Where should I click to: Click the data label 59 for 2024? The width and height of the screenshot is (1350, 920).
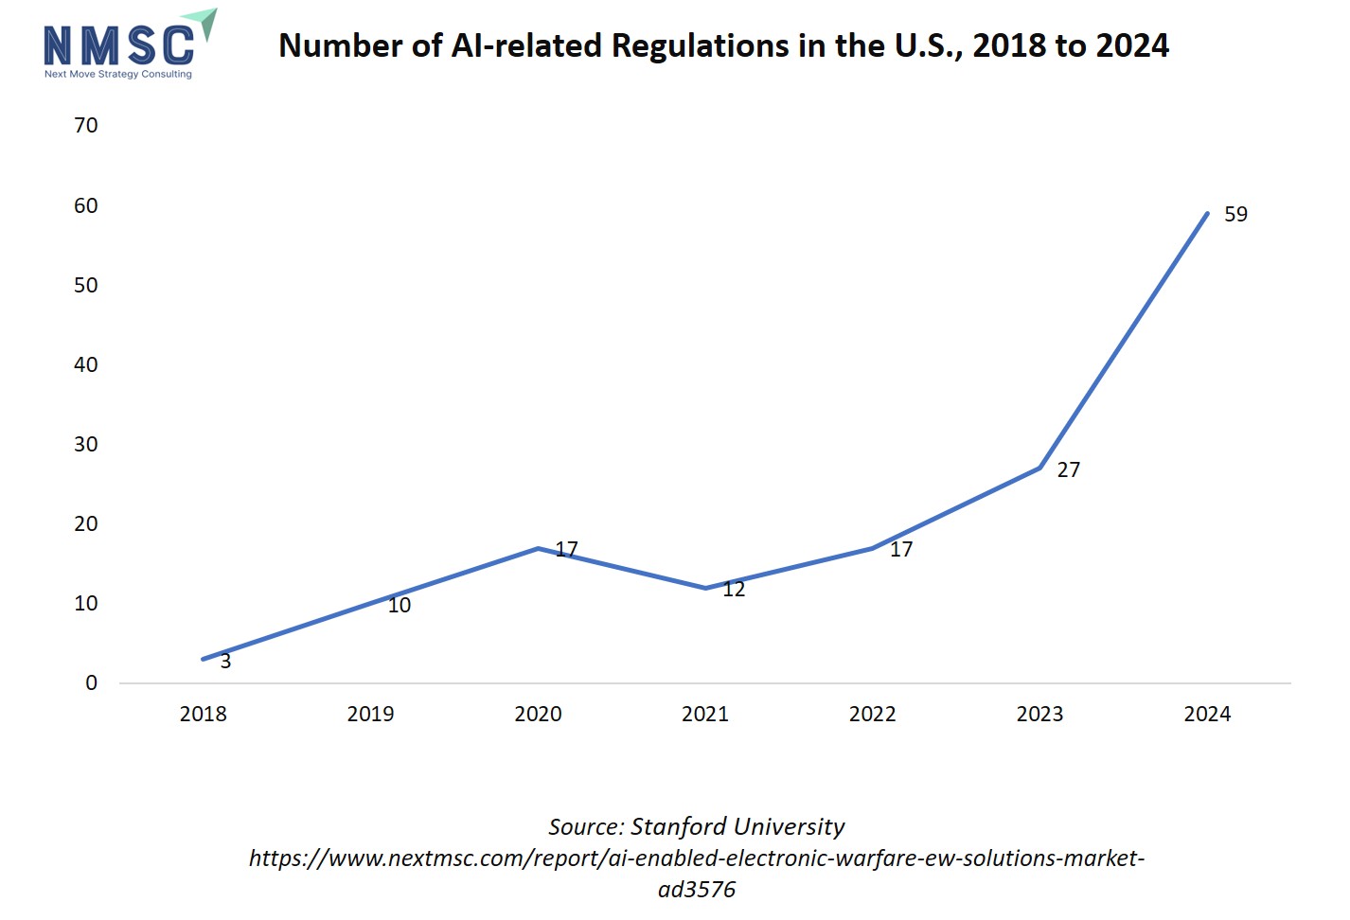(x=1235, y=215)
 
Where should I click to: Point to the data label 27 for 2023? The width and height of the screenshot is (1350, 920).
(x=1068, y=470)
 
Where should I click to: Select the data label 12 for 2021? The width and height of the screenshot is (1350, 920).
(x=734, y=590)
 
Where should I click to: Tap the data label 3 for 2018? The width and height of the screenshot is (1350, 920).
(x=225, y=662)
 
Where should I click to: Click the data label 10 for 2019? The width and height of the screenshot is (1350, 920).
(x=400, y=606)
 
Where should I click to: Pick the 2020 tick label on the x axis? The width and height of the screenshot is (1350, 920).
(x=538, y=715)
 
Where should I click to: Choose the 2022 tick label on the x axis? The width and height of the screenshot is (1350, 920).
(x=872, y=715)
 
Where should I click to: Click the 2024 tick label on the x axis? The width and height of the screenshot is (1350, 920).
(x=1207, y=715)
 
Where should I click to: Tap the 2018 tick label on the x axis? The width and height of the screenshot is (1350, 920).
(x=203, y=715)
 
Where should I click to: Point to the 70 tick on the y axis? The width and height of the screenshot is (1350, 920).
(x=86, y=126)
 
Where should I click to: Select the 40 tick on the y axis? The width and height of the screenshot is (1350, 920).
(x=86, y=365)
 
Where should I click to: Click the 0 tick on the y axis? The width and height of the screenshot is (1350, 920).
(x=91, y=683)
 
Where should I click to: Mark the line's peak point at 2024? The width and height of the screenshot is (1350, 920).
(x=1207, y=213)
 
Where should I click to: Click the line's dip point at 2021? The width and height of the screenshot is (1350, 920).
(x=705, y=588)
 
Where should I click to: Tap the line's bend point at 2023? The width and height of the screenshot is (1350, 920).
(x=1039, y=468)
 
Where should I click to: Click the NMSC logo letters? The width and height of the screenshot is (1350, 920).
(x=118, y=45)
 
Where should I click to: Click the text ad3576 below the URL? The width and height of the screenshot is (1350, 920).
(x=697, y=890)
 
